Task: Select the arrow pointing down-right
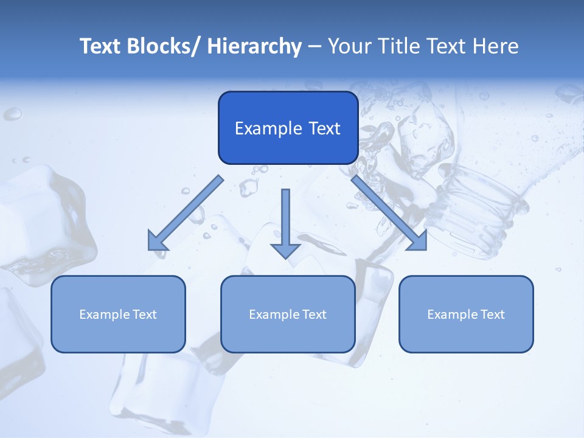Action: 389,213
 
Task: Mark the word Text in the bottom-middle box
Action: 314,315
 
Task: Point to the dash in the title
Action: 315,47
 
